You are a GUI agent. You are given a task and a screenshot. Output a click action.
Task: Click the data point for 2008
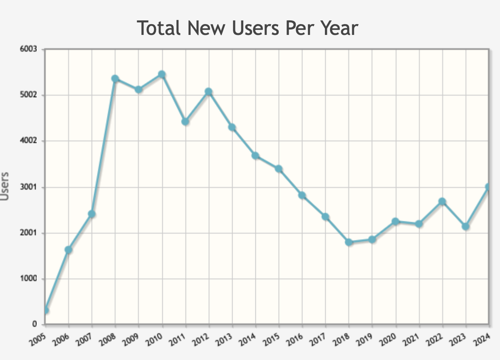(x=115, y=79)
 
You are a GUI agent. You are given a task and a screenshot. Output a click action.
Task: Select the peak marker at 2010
(x=162, y=74)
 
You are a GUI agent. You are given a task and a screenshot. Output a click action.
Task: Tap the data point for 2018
(x=349, y=242)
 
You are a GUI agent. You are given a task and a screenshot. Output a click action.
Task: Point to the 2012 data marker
(x=208, y=92)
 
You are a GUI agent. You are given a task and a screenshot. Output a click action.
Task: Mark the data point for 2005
(x=45, y=310)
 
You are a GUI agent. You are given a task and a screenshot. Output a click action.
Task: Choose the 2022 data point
(x=442, y=202)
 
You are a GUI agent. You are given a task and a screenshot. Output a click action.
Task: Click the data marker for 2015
(x=279, y=169)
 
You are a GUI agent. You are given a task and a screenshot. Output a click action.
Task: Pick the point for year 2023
(x=465, y=227)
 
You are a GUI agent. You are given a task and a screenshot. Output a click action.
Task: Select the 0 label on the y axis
(x=35, y=324)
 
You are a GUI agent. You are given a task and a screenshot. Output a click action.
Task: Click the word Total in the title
(x=160, y=28)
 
